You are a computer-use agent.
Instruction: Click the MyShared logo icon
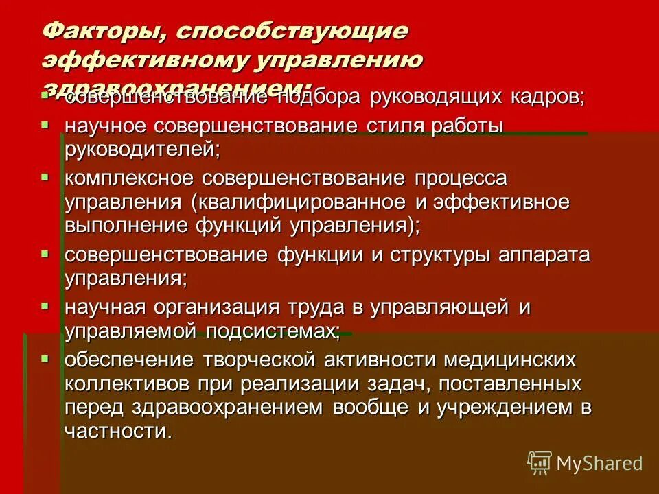539,462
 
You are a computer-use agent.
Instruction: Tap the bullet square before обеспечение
45,358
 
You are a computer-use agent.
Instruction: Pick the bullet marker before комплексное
45,177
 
